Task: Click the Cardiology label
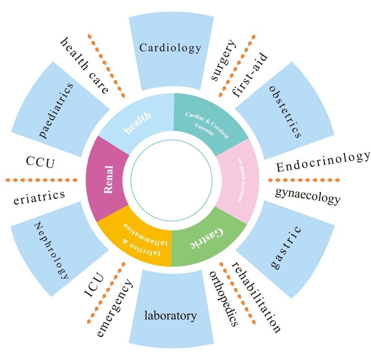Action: click(170, 48)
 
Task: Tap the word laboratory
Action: click(171, 316)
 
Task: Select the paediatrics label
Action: click(56, 110)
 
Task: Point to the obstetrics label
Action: click(285, 112)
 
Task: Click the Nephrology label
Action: click(52, 250)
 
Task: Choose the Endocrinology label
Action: click(323, 162)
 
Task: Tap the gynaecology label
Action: click(308, 196)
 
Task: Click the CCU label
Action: click(41, 162)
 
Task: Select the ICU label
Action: click(94, 285)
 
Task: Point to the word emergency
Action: click(114, 308)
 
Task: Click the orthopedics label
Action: click(223, 299)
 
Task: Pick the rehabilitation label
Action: click(256, 297)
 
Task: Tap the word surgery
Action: click(223, 60)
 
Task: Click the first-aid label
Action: click(249, 75)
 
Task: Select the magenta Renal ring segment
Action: click(108, 179)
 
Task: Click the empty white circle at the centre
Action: click(172, 180)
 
